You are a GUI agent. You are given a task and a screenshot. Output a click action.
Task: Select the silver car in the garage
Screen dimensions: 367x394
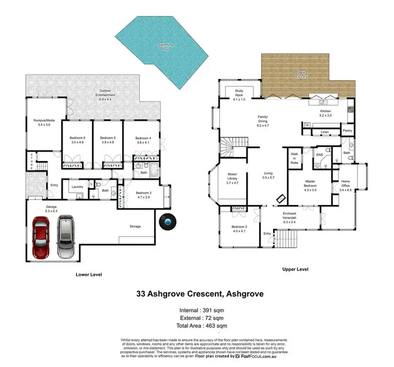(65, 234)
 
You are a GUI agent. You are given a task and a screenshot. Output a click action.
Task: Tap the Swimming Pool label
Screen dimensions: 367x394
(166, 47)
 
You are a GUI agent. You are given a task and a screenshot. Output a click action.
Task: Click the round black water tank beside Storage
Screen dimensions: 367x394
(168, 223)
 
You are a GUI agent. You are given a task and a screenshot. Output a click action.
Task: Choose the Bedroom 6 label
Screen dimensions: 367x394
(77, 140)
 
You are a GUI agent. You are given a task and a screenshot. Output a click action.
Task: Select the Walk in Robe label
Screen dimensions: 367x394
(295, 156)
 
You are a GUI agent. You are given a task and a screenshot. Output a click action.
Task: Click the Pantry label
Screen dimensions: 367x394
(347, 131)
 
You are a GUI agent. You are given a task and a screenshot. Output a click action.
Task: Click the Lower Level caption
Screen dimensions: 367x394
(89, 274)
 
